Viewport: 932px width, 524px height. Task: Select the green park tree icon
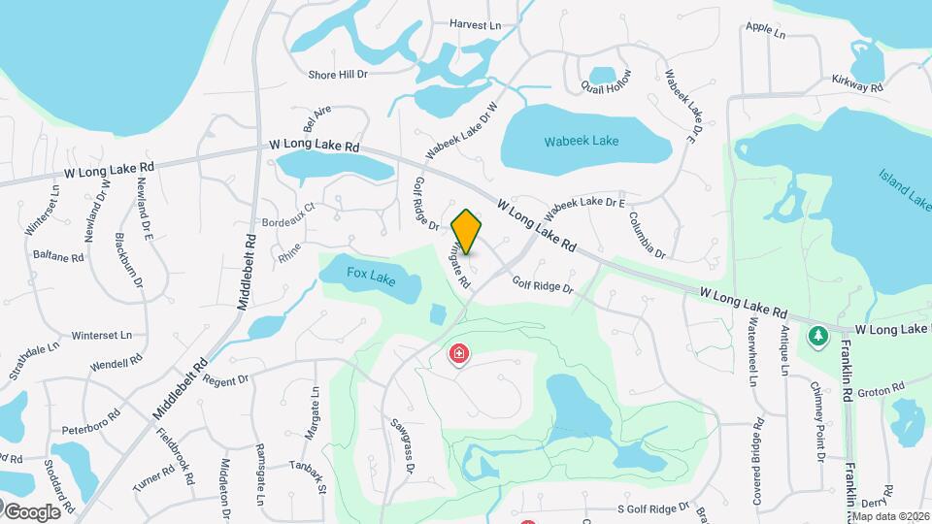(x=817, y=337)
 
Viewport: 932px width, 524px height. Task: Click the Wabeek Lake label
(x=582, y=142)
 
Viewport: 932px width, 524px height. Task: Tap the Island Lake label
(x=905, y=189)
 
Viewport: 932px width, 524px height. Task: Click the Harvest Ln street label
(x=476, y=25)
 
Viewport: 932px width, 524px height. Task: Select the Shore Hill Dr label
(x=338, y=74)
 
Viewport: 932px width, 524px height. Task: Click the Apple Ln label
(x=766, y=31)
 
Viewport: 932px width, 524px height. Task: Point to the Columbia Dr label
(x=646, y=236)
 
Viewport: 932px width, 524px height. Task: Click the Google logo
(x=31, y=511)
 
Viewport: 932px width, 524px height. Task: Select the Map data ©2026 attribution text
(x=890, y=516)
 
